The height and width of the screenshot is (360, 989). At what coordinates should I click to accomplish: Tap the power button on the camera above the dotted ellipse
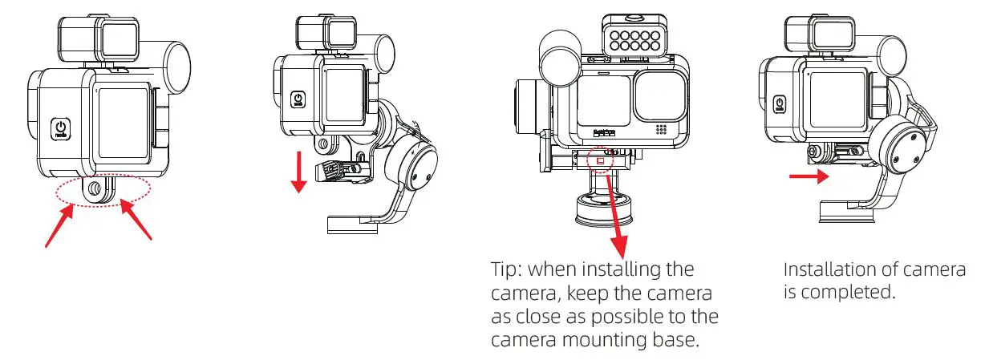coord(62,128)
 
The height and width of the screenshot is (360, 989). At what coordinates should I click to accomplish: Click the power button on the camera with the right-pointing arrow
coord(778,103)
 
